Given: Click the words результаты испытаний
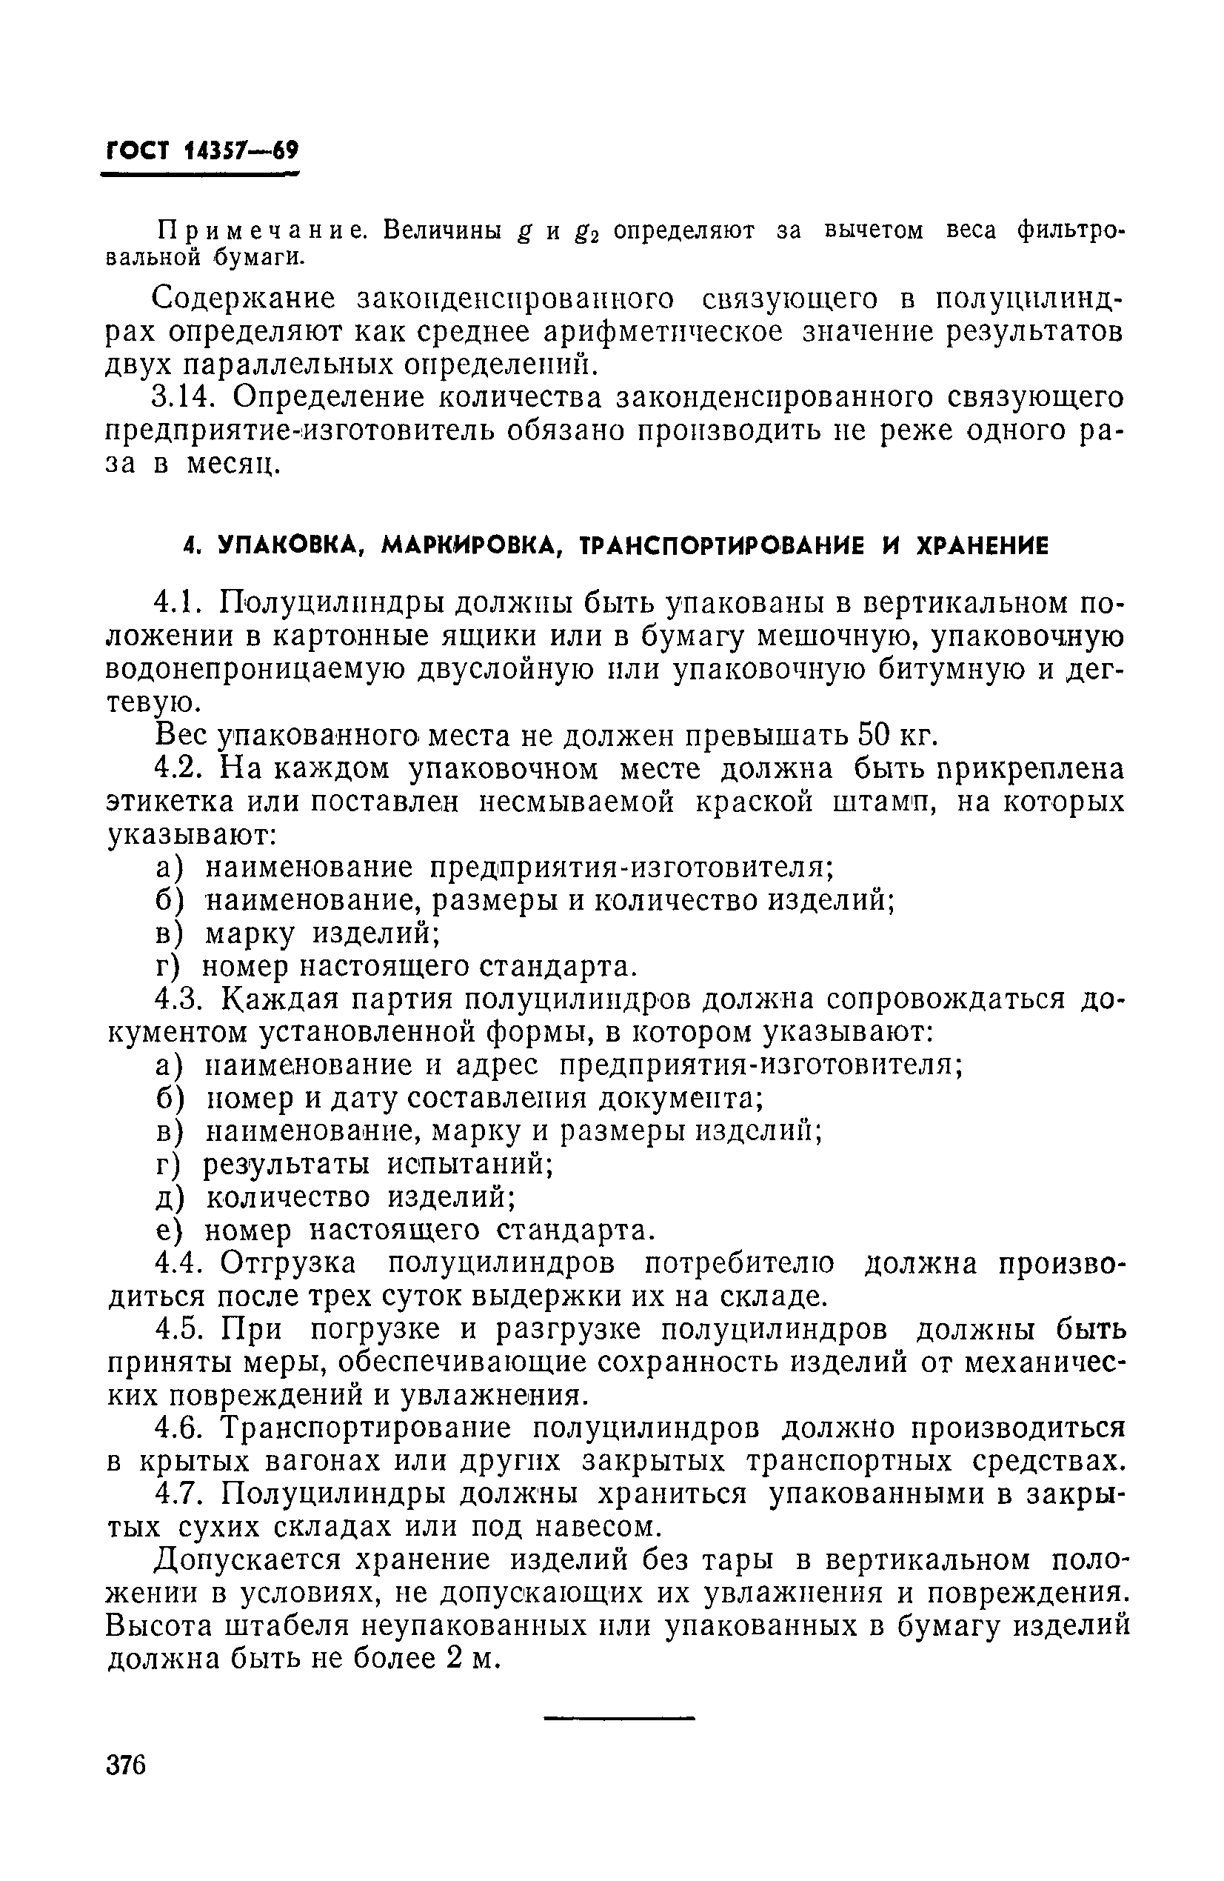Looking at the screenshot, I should pyautogui.click(x=378, y=1164).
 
